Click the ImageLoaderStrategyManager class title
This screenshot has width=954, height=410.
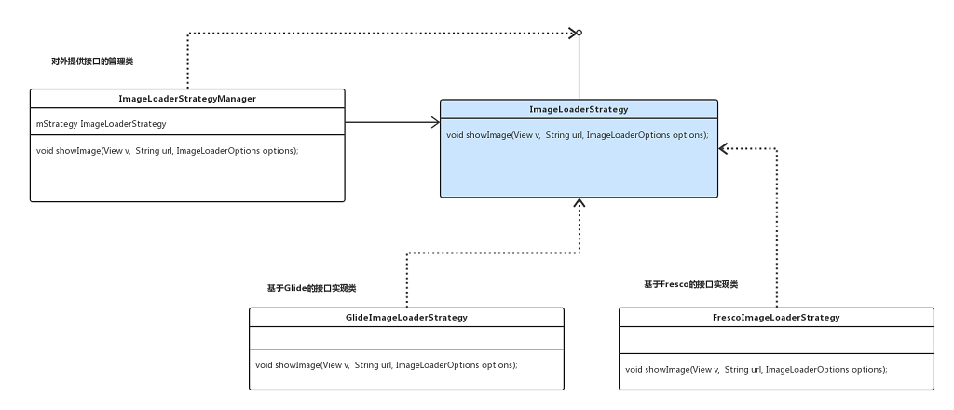click(187, 98)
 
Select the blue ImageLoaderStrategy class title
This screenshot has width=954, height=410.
click(579, 109)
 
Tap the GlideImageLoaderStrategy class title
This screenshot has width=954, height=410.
click(406, 318)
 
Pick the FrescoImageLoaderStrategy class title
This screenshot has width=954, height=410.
click(776, 318)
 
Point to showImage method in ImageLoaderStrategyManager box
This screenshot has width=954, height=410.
click(167, 151)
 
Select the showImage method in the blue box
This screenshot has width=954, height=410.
click(577, 135)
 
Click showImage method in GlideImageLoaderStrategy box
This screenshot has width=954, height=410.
click(386, 364)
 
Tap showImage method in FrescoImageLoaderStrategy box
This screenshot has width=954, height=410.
click(756, 369)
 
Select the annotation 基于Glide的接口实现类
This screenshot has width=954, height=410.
click(311, 289)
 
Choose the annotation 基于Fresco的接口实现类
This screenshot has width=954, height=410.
click(697, 283)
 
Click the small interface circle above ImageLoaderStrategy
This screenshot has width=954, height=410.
click(579, 34)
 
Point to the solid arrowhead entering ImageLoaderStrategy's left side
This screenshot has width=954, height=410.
click(434, 121)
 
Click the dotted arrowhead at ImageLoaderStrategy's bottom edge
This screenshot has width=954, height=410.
click(579, 203)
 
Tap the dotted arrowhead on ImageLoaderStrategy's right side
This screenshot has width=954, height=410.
click(725, 147)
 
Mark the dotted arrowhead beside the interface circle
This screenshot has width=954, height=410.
click(570, 34)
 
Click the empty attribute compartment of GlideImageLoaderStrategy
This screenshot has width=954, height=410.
click(406, 337)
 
